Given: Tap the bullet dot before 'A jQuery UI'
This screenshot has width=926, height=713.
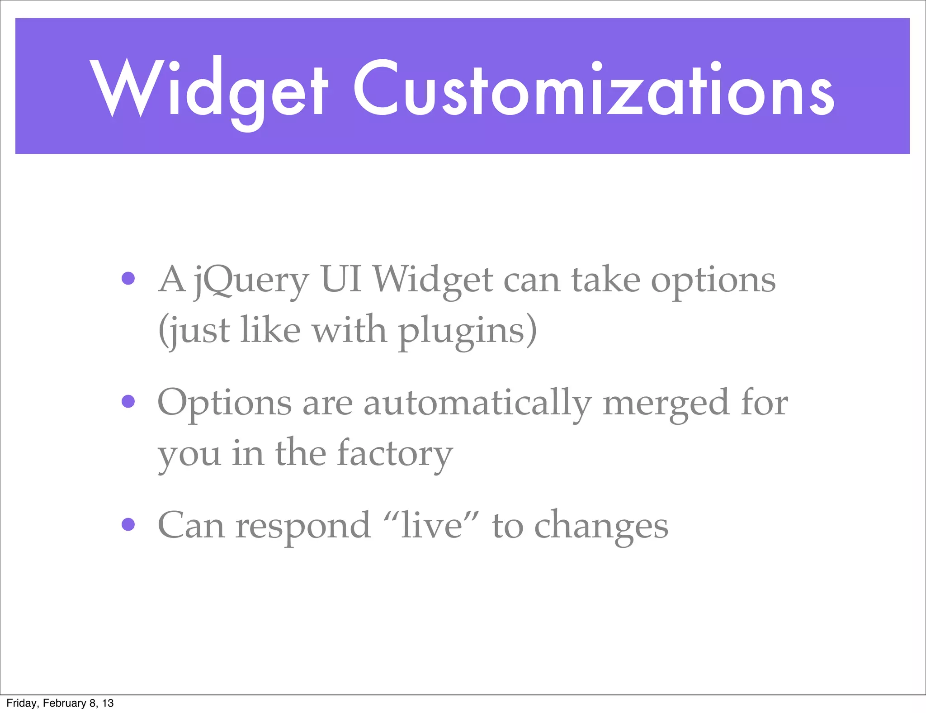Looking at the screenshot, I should click(128, 278).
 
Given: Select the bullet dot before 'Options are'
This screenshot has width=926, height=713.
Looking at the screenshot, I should click(128, 401).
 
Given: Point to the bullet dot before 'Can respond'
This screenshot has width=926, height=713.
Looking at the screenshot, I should click(128, 524).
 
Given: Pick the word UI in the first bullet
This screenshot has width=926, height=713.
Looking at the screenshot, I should click(340, 280).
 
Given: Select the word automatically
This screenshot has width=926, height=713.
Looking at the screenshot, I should click(477, 404).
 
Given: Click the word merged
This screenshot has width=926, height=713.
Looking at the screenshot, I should click(666, 404).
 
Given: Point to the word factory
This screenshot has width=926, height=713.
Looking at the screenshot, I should click(394, 454).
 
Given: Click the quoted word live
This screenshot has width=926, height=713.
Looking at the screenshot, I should click(432, 526).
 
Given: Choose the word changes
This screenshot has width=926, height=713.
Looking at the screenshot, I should click(601, 528).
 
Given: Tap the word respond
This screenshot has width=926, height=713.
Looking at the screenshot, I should click(302, 528).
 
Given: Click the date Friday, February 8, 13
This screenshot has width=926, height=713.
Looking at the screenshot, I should click(60, 703).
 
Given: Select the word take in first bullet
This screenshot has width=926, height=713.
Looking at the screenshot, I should click(605, 280).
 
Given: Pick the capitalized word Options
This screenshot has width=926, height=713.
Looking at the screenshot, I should click(224, 404).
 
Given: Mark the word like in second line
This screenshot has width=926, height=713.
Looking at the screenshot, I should click(270, 330).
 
